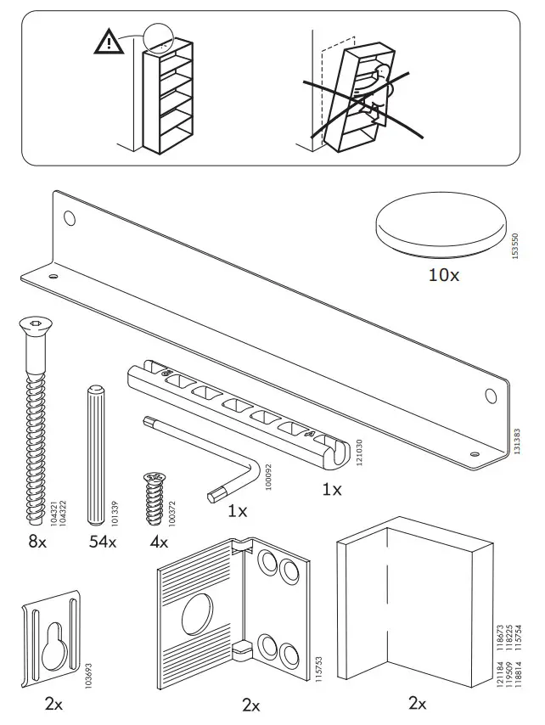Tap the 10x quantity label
[442, 275]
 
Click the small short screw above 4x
[155, 497]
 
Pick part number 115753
[317, 667]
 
